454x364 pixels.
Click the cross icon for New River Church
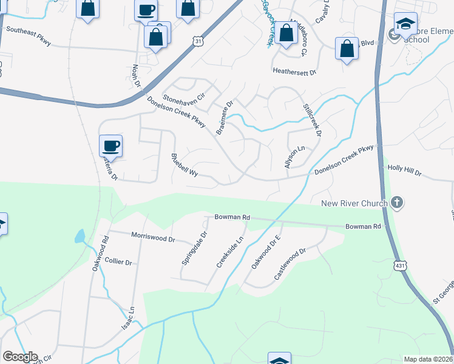pyautogui.click(x=397, y=203)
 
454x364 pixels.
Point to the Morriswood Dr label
pyautogui.click(x=153, y=237)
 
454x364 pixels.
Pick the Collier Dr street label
pyautogui.click(x=118, y=261)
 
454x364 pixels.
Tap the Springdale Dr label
pyautogui.click(x=195, y=248)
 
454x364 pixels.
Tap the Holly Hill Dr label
pyautogui.click(x=404, y=173)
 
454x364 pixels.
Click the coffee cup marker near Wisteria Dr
pyautogui.click(x=111, y=146)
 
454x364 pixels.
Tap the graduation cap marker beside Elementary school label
pyautogui.click(x=405, y=24)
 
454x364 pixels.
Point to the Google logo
pyautogui.click(x=20, y=357)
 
